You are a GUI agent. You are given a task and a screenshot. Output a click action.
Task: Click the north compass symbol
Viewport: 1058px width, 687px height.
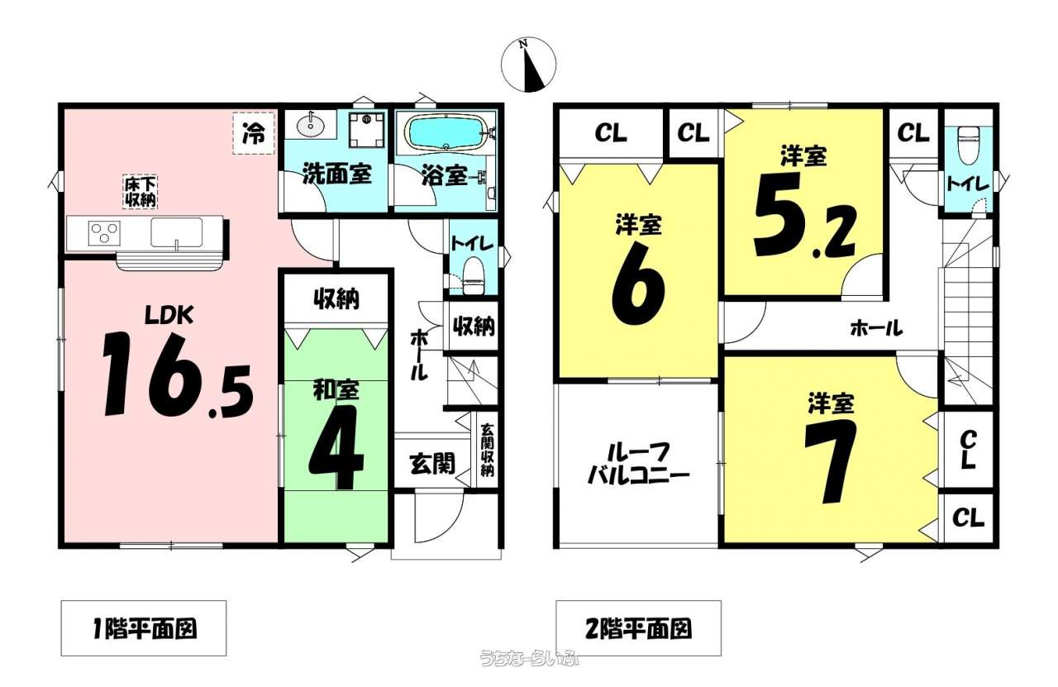[x=528, y=64]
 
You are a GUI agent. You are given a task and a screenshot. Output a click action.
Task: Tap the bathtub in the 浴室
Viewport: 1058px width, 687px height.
[x=446, y=132]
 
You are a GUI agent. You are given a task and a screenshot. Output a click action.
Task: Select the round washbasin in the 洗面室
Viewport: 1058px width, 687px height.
[x=311, y=125]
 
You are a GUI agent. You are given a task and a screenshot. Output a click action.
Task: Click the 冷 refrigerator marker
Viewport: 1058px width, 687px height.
[x=254, y=133]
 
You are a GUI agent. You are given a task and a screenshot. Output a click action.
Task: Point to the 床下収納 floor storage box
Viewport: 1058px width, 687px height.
[x=141, y=192]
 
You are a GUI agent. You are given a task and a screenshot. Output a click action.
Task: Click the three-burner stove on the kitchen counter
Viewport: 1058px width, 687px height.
[x=104, y=233]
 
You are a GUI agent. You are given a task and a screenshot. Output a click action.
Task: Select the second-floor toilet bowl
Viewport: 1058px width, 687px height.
[x=967, y=145]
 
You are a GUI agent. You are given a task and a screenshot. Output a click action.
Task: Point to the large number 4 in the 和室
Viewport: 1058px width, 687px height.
[x=336, y=447]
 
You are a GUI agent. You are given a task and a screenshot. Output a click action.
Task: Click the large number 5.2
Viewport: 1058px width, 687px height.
[x=804, y=216]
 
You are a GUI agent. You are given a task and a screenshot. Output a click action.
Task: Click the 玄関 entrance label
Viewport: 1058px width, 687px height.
[x=432, y=464]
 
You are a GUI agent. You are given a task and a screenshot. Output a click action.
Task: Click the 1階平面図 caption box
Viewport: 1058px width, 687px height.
[x=144, y=628]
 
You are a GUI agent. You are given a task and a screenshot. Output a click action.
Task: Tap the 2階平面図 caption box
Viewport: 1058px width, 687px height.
[x=638, y=628]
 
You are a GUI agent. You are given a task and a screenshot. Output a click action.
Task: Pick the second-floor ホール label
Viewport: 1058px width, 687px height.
[x=877, y=327]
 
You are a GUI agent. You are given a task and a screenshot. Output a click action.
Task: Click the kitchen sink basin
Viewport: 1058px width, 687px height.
[x=176, y=232]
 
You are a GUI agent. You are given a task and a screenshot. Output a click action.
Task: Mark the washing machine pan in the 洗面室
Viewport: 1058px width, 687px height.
[x=367, y=129]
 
